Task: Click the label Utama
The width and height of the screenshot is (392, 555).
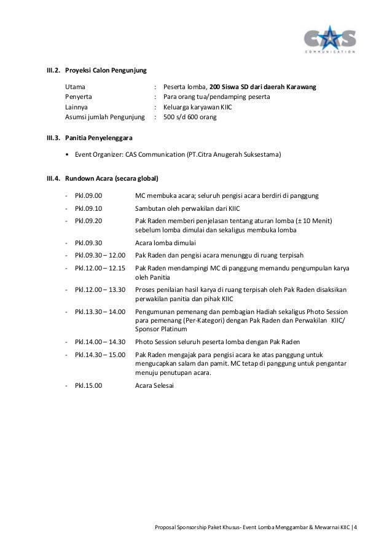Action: coord(76,88)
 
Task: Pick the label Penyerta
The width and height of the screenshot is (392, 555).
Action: coord(79,97)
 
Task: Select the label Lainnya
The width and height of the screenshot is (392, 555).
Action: coord(79,106)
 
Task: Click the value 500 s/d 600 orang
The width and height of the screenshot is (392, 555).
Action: coord(189,116)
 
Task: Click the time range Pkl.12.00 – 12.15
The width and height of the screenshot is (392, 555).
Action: coord(100,268)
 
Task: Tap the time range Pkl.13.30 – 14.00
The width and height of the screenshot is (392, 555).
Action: coord(100,312)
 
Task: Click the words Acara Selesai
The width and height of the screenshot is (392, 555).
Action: coord(155,385)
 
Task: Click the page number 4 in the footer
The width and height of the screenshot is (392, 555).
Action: coord(363,527)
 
